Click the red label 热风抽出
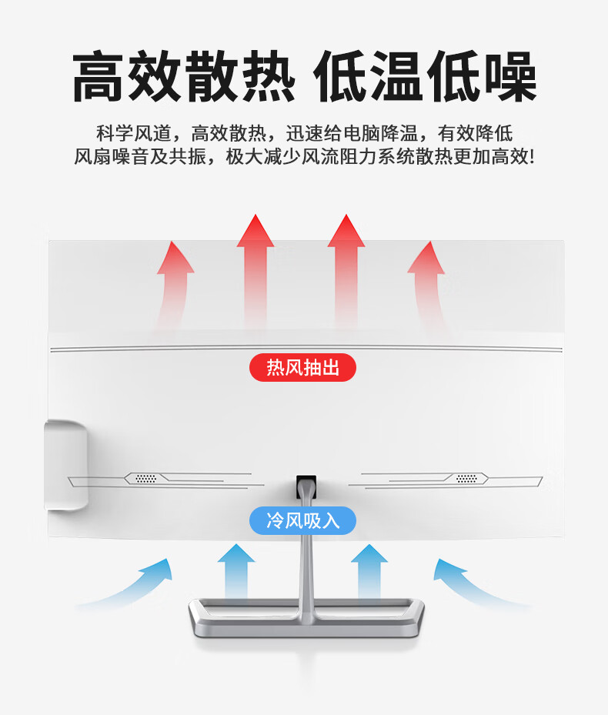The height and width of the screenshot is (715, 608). (x=302, y=368)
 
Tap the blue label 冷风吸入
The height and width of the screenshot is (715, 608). (x=302, y=520)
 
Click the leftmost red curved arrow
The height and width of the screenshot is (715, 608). (x=172, y=281)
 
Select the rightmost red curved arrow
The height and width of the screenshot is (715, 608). (x=428, y=281)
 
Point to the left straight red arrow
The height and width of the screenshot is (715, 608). (x=256, y=269)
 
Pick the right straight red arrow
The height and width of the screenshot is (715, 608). (x=346, y=269)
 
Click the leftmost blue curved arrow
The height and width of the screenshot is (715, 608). (x=131, y=585)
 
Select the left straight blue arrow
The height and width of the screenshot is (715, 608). (x=236, y=573)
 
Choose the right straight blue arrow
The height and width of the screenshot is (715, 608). (x=369, y=573)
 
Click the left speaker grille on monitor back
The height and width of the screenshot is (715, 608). (x=146, y=478)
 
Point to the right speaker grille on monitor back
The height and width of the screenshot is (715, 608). (x=466, y=478)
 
